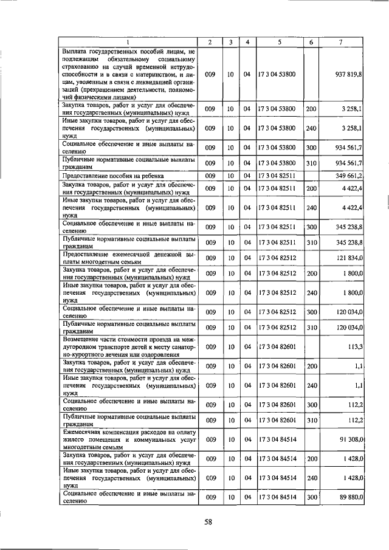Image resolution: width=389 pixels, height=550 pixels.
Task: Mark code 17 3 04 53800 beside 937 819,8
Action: (x=277, y=74)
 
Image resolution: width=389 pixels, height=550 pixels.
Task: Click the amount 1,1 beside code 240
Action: (x=359, y=385)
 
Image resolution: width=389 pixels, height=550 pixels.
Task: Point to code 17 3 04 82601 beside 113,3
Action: (x=277, y=348)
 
